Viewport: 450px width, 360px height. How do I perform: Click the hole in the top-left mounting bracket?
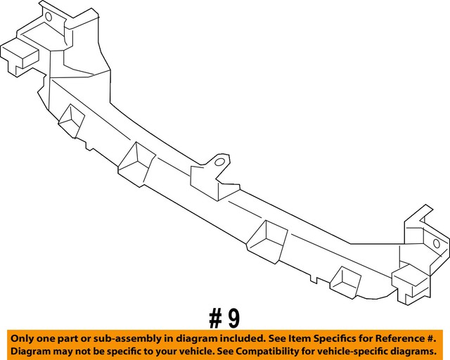[49, 16]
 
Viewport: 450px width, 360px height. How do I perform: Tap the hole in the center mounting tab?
[220, 164]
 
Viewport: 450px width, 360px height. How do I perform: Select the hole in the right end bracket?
[436, 243]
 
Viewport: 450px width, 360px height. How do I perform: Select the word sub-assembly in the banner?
[127, 337]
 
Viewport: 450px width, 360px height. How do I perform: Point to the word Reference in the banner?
[404, 337]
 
